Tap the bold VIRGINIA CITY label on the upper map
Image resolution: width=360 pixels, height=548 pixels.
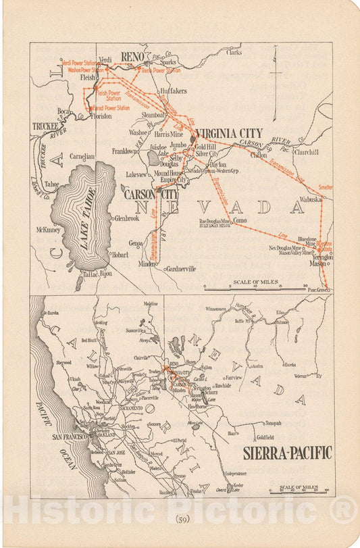pyautogui.click(x=226, y=134)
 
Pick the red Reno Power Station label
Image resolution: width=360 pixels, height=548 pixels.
pyautogui.click(x=161, y=70)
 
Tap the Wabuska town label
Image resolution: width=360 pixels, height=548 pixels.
pyautogui.click(x=311, y=199)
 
